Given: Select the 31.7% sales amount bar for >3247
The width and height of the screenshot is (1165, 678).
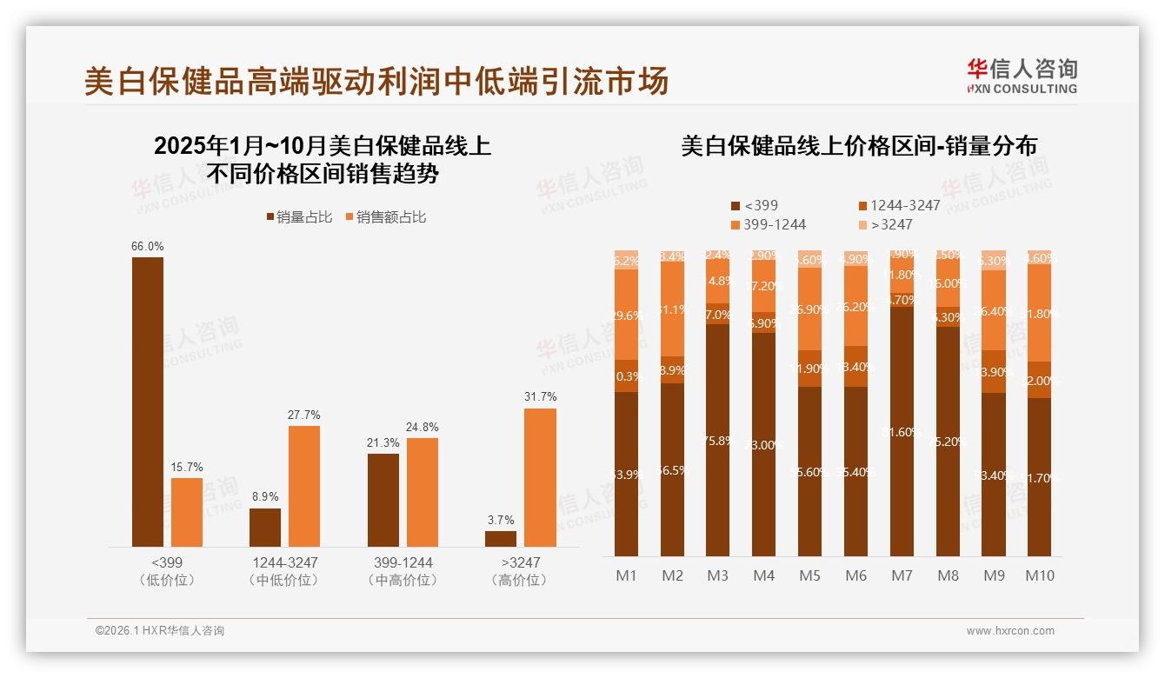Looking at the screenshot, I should click(540, 477).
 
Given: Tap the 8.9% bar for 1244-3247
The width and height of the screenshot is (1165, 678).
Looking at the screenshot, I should click(265, 527).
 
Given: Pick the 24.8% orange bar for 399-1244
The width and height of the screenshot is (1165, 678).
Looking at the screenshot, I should click(423, 492).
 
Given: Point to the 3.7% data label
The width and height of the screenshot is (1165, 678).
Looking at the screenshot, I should click(501, 520).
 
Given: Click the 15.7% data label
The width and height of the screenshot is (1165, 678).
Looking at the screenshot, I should click(186, 468).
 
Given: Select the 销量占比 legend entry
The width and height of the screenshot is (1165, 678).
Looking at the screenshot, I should click(299, 217).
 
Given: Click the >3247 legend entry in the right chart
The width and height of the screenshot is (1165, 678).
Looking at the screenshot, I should click(886, 224).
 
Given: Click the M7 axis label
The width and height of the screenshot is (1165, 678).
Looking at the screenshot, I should click(902, 575).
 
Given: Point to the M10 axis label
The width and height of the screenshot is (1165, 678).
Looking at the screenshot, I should click(1039, 575).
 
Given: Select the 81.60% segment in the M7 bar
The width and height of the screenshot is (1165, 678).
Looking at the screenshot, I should click(902, 432).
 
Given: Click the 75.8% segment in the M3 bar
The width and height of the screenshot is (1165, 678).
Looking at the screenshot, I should click(717, 440).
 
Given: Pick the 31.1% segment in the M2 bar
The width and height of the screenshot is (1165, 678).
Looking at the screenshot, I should click(672, 309).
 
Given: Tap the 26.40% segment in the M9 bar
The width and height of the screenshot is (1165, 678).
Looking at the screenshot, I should click(994, 310).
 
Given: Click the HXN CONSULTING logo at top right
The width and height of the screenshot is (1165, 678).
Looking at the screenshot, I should click(1022, 76).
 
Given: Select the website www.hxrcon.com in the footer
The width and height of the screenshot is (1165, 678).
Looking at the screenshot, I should click(1010, 631).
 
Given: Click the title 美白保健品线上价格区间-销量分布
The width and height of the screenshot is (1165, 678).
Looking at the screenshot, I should click(858, 146).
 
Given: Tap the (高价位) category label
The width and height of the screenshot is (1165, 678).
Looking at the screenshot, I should click(520, 580).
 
